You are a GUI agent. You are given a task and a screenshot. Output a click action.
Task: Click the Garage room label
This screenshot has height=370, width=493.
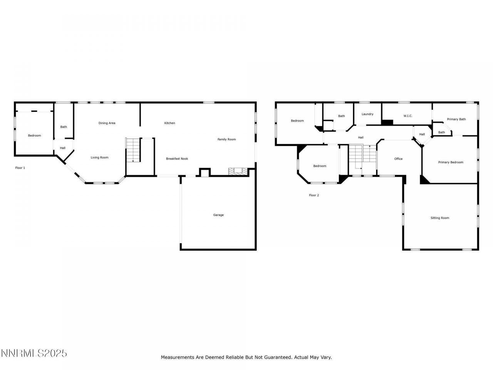218,215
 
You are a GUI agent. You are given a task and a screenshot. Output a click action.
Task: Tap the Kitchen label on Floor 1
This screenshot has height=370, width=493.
169,123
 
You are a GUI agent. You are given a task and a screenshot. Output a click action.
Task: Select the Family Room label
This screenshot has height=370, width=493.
226,140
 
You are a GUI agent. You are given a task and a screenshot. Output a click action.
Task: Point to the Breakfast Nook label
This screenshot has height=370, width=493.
177,159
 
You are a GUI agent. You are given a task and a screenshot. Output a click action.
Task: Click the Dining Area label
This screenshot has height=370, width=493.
107,123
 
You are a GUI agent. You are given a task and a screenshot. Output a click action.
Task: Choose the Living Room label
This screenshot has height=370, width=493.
99,157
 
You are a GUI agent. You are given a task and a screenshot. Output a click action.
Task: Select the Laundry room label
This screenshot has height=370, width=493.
367,114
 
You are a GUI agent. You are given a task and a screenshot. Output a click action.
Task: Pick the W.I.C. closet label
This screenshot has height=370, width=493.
408,116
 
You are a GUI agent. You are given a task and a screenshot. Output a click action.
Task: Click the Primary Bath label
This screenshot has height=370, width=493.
456,119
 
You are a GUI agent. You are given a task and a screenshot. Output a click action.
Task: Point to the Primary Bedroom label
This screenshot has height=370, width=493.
451,162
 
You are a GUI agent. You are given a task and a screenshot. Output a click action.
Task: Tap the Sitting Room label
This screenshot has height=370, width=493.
439,218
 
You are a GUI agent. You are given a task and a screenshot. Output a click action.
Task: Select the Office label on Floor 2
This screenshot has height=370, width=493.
398,159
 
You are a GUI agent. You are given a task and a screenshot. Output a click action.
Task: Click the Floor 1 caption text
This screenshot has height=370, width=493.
20,168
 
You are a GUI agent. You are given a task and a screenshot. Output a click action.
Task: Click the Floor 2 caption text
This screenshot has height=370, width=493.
314,195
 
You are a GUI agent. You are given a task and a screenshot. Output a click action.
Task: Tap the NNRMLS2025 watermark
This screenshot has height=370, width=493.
34,353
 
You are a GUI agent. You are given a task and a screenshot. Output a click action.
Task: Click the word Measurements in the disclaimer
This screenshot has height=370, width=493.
177,357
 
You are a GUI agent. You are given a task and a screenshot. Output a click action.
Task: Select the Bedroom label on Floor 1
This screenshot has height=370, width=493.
34,136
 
